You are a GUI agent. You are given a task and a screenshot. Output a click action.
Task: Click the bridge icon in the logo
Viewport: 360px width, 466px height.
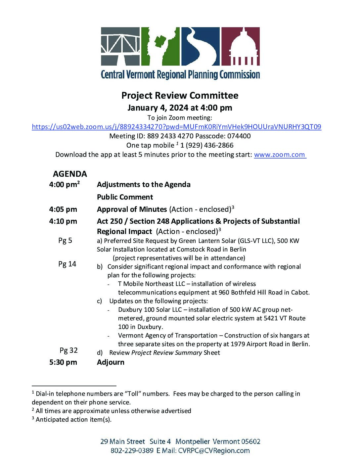coord(120,46)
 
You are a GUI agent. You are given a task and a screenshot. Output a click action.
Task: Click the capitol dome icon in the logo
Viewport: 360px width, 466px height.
coord(241,46)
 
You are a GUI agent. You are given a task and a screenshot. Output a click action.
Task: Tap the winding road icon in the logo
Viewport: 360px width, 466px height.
coord(200,46)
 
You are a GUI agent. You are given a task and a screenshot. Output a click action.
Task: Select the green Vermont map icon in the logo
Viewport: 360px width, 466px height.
coord(160,46)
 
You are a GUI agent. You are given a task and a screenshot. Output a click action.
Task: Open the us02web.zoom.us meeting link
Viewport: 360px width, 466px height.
coord(176,127)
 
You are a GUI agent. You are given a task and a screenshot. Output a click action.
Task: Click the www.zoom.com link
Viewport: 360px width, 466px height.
coord(280,155)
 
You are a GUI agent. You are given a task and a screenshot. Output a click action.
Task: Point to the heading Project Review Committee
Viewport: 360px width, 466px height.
coord(180,96)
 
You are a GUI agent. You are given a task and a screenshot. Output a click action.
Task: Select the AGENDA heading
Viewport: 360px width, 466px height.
coord(70,174)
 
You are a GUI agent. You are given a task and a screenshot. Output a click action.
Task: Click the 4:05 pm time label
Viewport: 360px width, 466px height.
coord(63,209)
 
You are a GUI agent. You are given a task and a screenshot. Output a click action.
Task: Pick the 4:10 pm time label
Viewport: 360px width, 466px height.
coord(63,221)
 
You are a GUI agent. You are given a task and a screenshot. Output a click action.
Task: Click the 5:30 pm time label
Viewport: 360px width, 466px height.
coord(63,362)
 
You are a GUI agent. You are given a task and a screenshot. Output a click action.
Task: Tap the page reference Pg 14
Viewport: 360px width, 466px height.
coord(67,264)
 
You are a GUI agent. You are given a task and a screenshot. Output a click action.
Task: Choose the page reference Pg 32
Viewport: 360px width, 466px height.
coord(68,350)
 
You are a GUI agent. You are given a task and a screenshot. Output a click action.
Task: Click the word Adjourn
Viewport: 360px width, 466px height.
coord(111,362)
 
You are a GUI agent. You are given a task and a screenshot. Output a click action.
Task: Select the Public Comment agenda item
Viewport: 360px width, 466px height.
coord(125,197)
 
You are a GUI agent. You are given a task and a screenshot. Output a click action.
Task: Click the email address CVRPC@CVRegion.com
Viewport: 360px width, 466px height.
coord(214,450)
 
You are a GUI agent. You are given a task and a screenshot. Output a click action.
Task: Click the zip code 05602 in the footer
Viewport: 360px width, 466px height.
coord(250,442)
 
